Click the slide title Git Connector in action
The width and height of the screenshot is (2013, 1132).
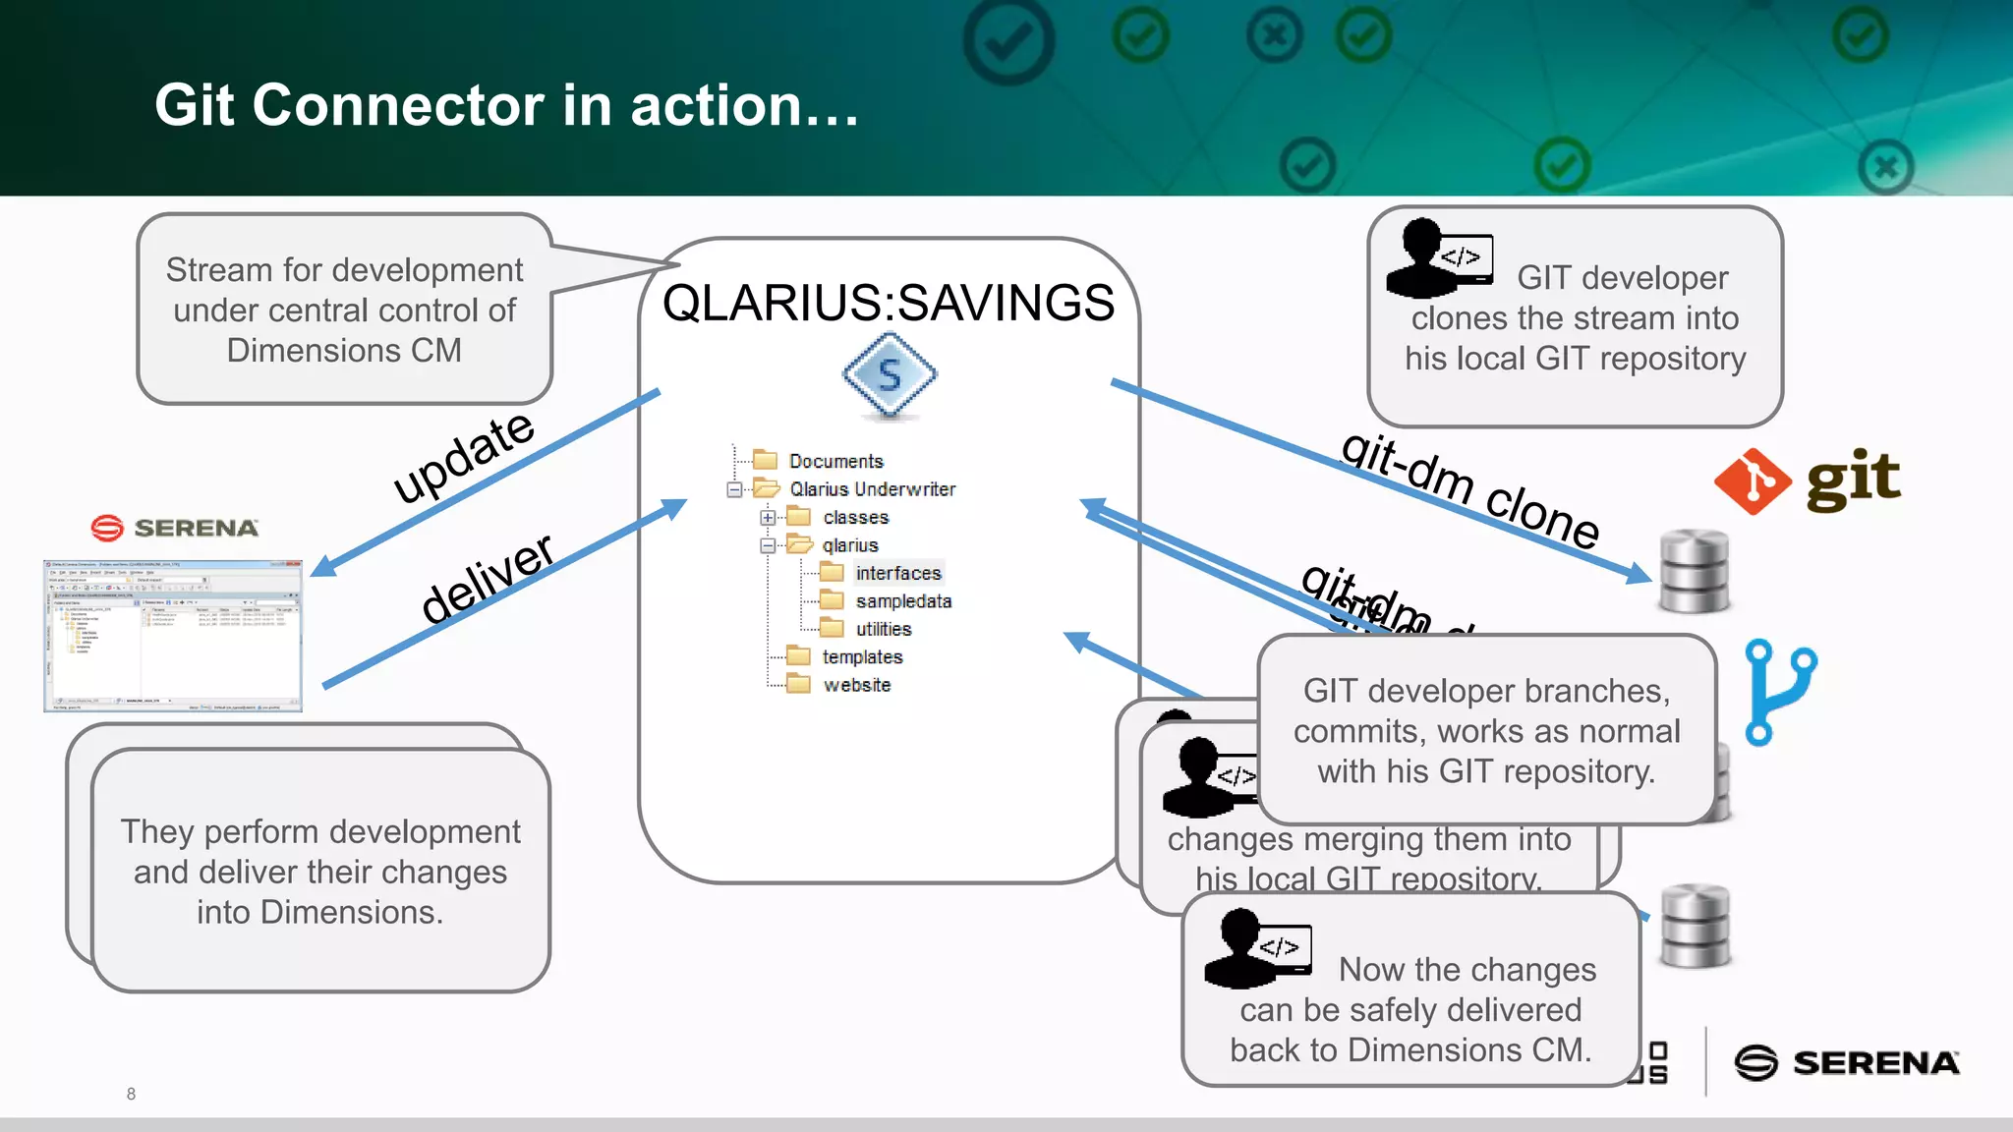click(506, 105)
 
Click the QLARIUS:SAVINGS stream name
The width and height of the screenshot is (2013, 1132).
click(889, 303)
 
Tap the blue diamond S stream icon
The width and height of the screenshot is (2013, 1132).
click(890, 375)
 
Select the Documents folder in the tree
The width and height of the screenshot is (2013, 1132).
click(834, 461)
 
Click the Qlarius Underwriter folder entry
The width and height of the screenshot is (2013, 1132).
click(871, 488)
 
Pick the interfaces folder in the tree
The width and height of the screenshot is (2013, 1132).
click(896, 573)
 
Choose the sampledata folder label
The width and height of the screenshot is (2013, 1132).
click(902, 600)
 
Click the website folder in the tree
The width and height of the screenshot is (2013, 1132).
click(855, 685)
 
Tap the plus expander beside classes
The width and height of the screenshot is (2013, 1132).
click(768, 517)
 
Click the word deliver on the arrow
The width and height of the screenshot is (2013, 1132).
click(488, 579)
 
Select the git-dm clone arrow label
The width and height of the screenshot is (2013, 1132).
click(1470, 489)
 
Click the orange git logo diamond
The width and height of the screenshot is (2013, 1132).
click(1753, 481)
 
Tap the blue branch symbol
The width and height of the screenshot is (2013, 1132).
click(1780, 691)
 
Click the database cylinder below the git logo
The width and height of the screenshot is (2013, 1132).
click(1694, 571)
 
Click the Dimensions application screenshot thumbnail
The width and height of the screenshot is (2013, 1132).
click(173, 636)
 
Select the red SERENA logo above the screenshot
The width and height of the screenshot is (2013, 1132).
click(175, 528)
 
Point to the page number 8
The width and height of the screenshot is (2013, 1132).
click(131, 1094)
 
